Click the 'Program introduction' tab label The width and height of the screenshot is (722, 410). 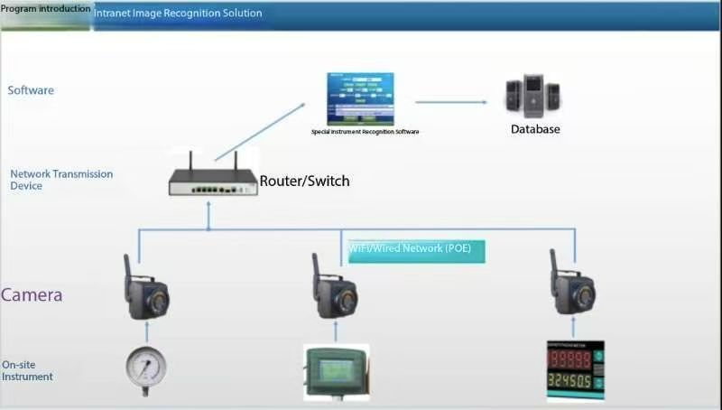(x=45, y=9)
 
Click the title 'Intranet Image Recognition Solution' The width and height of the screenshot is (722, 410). (x=178, y=14)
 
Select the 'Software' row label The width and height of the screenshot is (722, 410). (x=31, y=90)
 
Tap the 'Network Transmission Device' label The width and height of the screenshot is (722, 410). (x=60, y=180)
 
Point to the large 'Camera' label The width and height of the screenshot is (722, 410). (x=32, y=295)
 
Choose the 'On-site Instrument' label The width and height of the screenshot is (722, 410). (x=27, y=370)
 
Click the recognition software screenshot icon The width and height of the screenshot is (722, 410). (x=360, y=98)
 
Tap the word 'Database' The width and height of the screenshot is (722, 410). (x=535, y=129)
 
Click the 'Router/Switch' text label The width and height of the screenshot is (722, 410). (x=304, y=182)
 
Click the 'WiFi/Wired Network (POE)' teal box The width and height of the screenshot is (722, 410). (x=416, y=250)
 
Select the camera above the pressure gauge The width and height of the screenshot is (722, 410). (x=144, y=291)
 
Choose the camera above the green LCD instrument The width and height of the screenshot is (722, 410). (x=335, y=291)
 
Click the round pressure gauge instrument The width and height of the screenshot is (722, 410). (x=144, y=368)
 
